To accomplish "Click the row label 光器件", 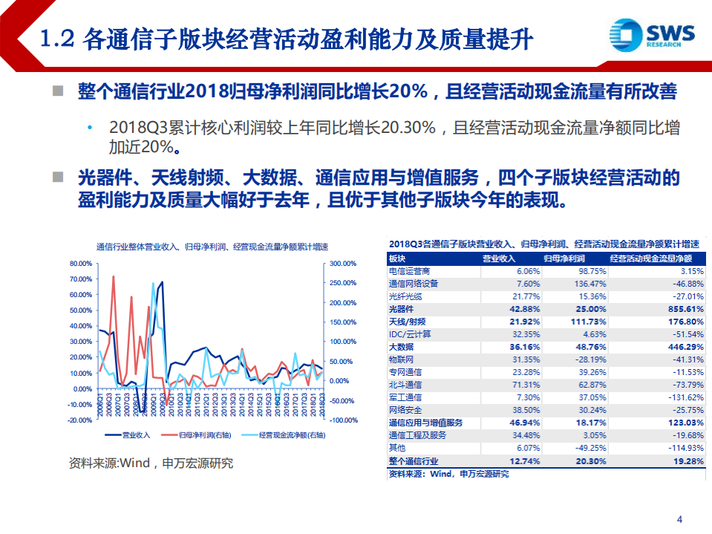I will coord(402,308).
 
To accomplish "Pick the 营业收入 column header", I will coord(499,258).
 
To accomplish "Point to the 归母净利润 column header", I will coord(564,258).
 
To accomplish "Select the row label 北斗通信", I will coord(405,385).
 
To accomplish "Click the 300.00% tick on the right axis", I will coord(342,264).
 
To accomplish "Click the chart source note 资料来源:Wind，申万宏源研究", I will coord(151,463).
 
